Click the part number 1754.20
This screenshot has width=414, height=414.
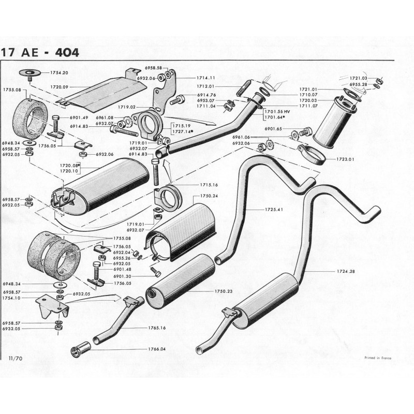[59, 73]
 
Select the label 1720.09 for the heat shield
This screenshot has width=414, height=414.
[59, 86]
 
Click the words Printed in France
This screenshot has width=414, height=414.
[378, 357]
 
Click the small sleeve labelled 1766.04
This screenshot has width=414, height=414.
[80, 350]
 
